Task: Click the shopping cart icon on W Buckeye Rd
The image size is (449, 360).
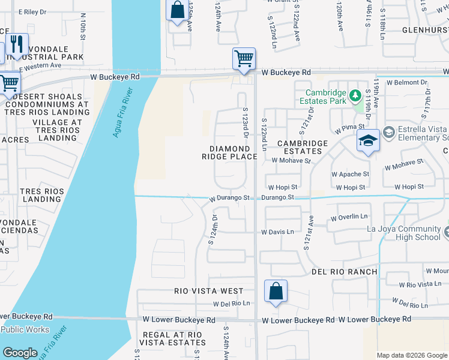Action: (x=244, y=59)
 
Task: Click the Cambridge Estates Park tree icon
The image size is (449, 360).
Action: (x=354, y=94)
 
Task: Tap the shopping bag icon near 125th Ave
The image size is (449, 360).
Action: (x=176, y=10)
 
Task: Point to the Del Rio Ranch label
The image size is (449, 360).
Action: (x=345, y=272)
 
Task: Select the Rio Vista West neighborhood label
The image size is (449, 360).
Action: (x=209, y=291)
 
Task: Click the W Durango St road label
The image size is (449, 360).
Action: (x=229, y=197)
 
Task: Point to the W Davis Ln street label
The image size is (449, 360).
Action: (x=277, y=232)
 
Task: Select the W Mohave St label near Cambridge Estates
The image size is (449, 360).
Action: (x=291, y=161)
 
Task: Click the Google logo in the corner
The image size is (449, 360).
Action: (x=20, y=353)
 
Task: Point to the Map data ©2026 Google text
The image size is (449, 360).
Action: (x=411, y=355)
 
